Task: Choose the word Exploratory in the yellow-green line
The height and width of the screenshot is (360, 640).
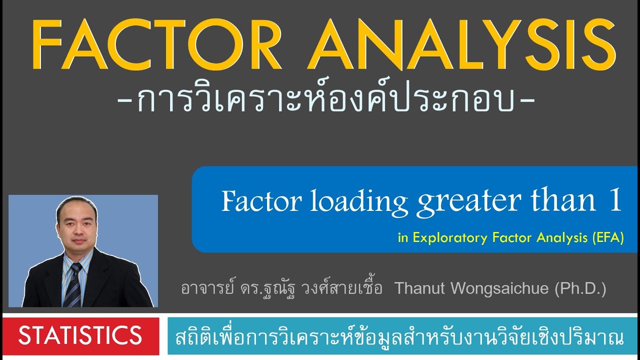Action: (x=462, y=238)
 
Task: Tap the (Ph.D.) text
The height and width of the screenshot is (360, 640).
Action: (x=580, y=289)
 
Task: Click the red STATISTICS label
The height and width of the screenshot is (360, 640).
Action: (x=80, y=335)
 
